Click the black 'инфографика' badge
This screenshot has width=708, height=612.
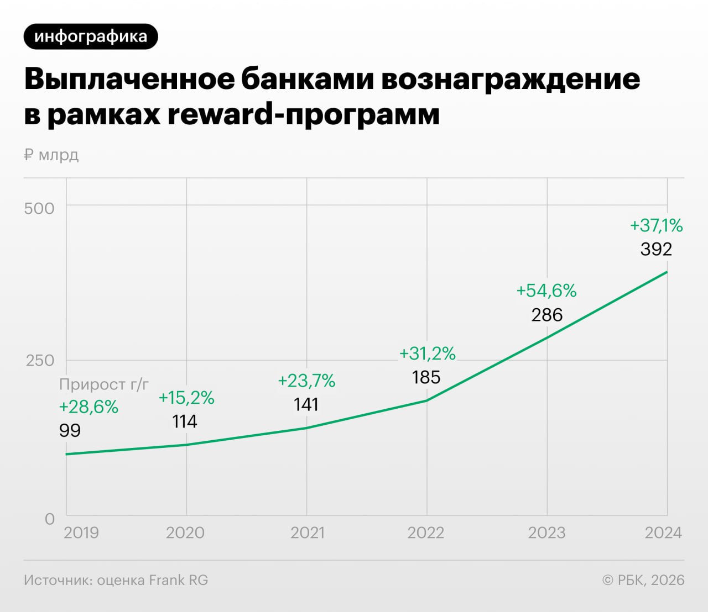pos(91,36)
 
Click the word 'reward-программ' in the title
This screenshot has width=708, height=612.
pos(303,114)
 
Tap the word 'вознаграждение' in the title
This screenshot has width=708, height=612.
pos(511,79)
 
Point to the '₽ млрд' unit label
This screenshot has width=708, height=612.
pos(51,155)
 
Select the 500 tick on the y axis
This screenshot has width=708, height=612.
pos(39,208)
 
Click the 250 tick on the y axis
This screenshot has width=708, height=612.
pos(40,360)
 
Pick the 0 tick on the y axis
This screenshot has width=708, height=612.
pos(50,519)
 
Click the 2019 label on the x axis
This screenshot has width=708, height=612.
pos(81,532)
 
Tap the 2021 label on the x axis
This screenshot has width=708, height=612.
pos(307,532)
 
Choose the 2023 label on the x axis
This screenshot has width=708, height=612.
pos(546,532)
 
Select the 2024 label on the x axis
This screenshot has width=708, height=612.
pos(663,532)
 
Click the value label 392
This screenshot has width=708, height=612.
pos(656,249)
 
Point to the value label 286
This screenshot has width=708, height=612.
pos(546,315)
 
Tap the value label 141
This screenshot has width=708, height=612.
pos(306,404)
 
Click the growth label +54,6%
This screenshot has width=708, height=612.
pos(546,291)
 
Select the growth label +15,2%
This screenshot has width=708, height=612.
pos(186,398)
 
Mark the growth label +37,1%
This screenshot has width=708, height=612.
pos(656,225)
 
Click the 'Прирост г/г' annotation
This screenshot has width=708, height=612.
pos(104,384)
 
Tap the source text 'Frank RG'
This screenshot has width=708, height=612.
pos(179,580)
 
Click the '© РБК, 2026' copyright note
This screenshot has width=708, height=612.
pos(643,580)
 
